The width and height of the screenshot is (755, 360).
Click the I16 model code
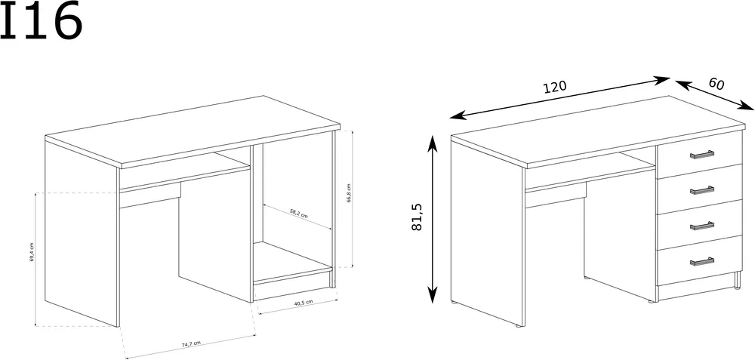[41, 21]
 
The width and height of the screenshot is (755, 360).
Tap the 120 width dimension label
[555, 87]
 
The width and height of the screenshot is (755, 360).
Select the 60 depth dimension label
[716, 84]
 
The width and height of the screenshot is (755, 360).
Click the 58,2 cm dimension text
[298, 214]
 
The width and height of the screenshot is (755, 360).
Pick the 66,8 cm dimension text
[349, 193]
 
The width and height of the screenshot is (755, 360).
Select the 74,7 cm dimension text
[191, 344]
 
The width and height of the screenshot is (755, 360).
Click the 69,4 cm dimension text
[32, 252]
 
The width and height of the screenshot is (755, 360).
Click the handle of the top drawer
[701, 155]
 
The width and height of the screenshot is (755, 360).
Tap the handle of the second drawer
[701, 190]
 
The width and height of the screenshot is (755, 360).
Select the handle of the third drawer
[701, 226]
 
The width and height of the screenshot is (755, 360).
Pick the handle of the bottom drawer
[701, 261]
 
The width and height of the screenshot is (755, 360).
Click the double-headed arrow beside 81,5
[433, 219]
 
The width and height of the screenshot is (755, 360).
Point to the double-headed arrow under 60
[714, 95]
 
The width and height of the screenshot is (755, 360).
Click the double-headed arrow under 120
[560, 97]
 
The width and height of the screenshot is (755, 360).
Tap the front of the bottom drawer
[700, 260]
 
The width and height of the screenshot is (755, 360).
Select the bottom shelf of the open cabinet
[292, 263]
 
